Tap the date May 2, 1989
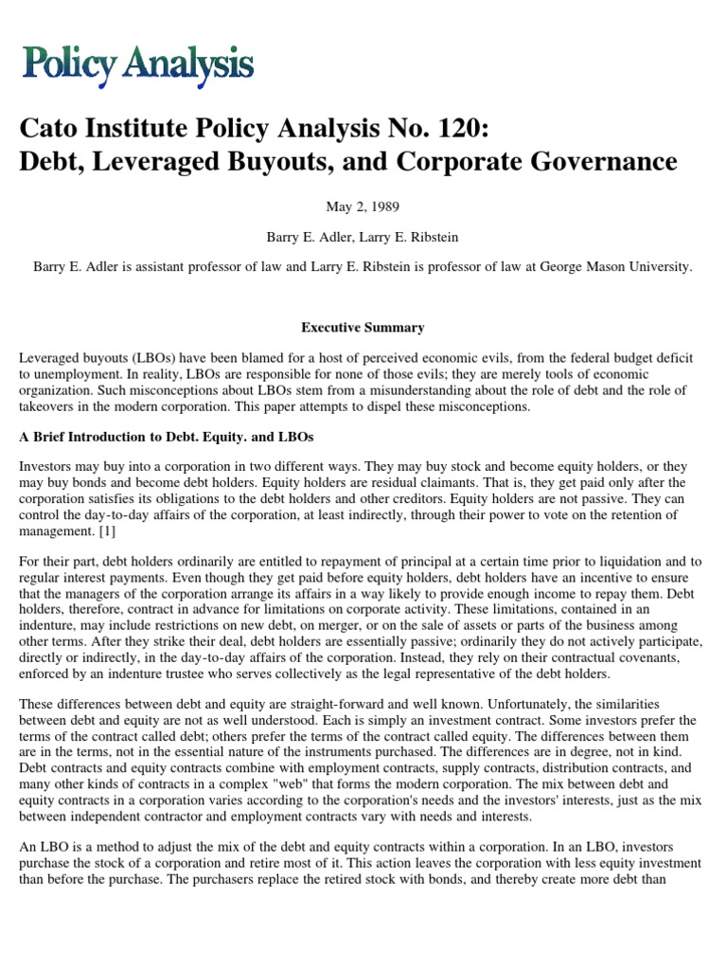click(x=363, y=207)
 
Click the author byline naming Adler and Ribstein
click(x=363, y=237)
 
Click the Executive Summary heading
click(x=363, y=328)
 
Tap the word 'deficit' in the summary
click(x=674, y=358)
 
